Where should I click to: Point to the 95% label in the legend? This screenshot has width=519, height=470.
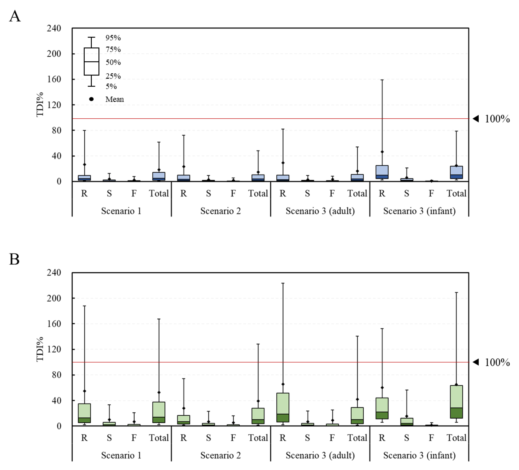(113, 38)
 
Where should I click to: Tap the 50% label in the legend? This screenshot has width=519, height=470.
(113, 62)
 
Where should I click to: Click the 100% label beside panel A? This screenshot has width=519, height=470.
(497, 119)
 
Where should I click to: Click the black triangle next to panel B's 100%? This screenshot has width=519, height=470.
(476, 362)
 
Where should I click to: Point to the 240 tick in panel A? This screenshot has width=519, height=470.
(54, 28)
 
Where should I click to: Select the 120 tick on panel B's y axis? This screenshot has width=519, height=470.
(54, 349)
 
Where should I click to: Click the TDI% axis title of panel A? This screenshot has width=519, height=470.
(40, 104)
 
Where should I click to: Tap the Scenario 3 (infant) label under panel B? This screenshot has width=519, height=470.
(419, 455)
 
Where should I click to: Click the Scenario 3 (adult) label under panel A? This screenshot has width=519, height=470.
(320, 211)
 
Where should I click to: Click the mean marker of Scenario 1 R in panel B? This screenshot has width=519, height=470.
(84, 391)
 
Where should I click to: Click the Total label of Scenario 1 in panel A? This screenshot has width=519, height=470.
(159, 193)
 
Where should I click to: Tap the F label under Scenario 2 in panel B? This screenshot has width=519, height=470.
(233, 438)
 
